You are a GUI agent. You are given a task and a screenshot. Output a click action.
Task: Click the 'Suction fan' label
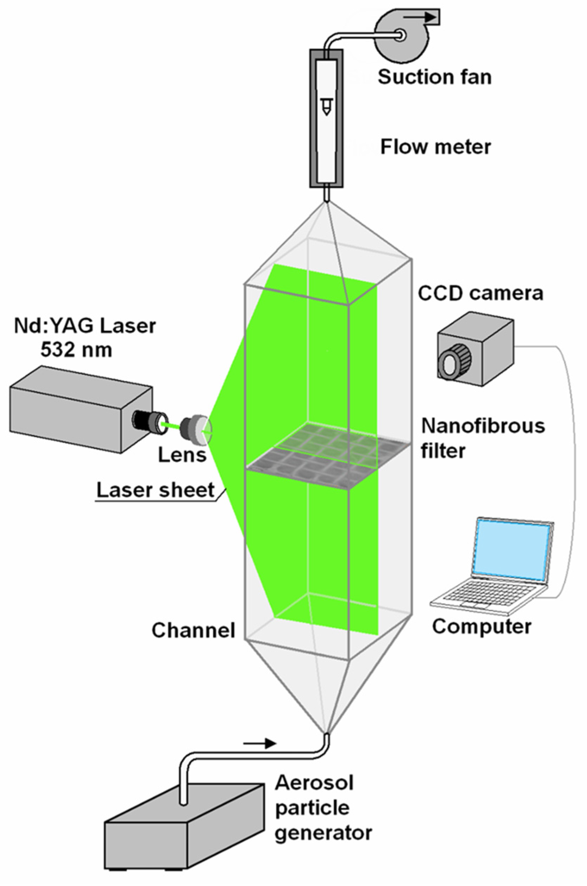click(434, 77)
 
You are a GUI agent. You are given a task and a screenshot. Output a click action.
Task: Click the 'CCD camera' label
click(480, 293)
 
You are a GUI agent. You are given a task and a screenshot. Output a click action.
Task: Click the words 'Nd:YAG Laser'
click(85, 326)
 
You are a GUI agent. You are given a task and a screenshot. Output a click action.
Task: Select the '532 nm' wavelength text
click(76, 350)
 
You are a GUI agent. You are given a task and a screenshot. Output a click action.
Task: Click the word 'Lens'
click(182, 455)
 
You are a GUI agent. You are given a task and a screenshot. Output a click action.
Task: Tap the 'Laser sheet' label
click(155, 490)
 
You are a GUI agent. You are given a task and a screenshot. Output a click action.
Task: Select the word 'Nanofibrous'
click(483, 426)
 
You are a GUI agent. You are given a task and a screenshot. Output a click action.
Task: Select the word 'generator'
click(323, 833)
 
